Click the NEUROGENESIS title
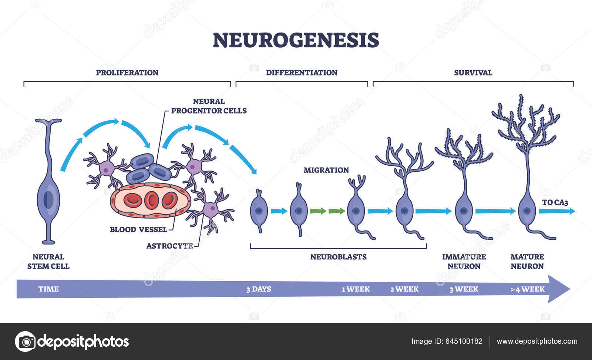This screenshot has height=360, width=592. pyautogui.click(x=296, y=40)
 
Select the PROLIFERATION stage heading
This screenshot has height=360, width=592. pyautogui.click(x=127, y=73)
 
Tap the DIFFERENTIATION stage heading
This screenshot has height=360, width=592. pyautogui.click(x=302, y=73)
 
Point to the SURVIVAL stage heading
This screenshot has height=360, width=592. pyautogui.click(x=473, y=73)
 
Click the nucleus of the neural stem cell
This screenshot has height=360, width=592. pyautogui.click(x=48, y=200)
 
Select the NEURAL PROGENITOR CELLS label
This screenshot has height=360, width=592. pyautogui.click(x=209, y=106)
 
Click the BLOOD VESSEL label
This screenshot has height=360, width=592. pyautogui.click(x=138, y=229)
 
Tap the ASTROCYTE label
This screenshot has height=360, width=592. pyautogui.click(x=169, y=246)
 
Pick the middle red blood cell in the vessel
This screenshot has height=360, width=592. pyautogui.click(x=151, y=200)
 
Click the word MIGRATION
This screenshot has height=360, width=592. pyautogui.click(x=326, y=170)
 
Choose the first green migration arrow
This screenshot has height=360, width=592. pyautogui.click(x=317, y=211)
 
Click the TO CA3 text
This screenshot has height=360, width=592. pyautogui.click(x=555, y=202)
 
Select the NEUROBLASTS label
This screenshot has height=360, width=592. pyautogui.click(x=338, y=257)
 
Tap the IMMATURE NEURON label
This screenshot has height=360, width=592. pyautogui.click(x=464, y=261)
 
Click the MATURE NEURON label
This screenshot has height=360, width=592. pyautogui.click(x=527, y=261)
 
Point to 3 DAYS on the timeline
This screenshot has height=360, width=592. pyautogui.click(x=259, y=289)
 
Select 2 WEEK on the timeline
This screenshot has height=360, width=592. pyautogui.click(x=404, y=289)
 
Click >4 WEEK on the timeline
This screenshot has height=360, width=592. pyautogui.click(x=527, y=289)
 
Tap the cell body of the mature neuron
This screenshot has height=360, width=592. pyautogui.click(x=527, y=211)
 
